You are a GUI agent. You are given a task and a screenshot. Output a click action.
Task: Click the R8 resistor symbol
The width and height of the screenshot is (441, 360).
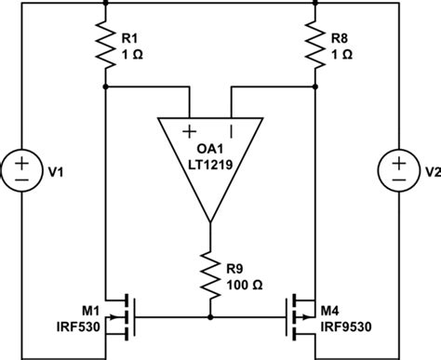(316, 47)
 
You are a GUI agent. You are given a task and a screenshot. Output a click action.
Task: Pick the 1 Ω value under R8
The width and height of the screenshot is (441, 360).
(341, 55)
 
